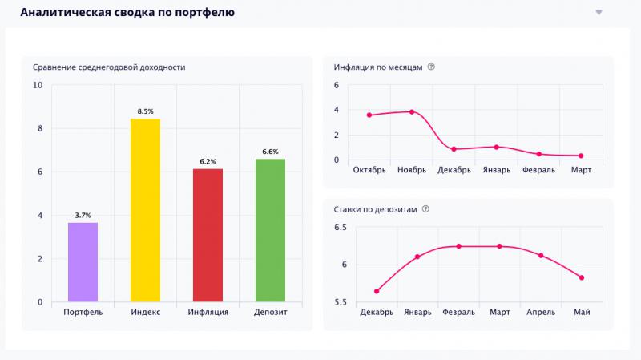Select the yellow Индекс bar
(x=145, y=210)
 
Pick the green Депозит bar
(x=270, y=230)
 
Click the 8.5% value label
(x=145, y=111)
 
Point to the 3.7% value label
(x=83, y=215)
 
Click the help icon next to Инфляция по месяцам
(x=432, y=67)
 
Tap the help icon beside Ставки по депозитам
(x=425, y=209)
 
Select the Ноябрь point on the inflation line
(x=412, y=111)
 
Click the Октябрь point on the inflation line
(x=369, y=115)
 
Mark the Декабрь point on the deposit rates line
(x=377, y=291)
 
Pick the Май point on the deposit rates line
(x=582, y=277)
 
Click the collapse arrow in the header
(x=599, y=12)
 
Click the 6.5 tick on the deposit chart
(x=341, y=228)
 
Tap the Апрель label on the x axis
(x=540, y=312)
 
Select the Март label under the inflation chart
(x=581, y=170)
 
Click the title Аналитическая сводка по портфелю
(x=127, y=12)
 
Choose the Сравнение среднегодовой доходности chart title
(x=109, y=67)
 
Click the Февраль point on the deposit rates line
(x=459, y=246)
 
